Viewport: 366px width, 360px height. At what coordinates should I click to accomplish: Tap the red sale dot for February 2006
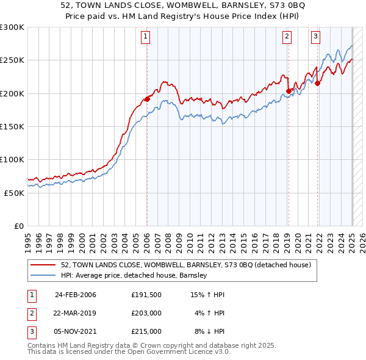pyautogui.click(x=147, y=99)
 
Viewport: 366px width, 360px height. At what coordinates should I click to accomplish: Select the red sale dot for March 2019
pyautogui.click(x=289, y=92)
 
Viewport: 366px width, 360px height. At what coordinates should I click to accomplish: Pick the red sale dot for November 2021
pyautogui.click(x=318, y=84)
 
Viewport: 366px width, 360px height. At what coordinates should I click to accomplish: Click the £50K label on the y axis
pyautogui.click(x=14, y=193)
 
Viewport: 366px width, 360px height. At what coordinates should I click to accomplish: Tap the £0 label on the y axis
pyautogui.click(x=19, y=226)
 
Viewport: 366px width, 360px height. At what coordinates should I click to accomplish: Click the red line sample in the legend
pyautogui.click(x=42, y=265)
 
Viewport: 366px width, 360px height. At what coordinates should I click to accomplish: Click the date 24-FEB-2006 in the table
pyautogui.click(x=76, y=295)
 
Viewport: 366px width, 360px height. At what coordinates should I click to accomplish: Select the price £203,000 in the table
pyautogui.click(x=146, y=313)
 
